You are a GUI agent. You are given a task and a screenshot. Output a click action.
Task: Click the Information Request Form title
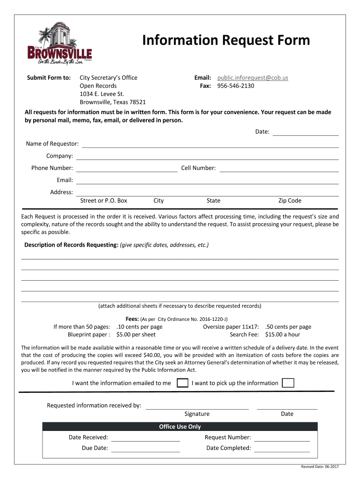226,41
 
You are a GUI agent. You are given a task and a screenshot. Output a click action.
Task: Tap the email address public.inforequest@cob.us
252,78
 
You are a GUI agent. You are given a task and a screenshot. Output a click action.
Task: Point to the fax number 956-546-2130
236,86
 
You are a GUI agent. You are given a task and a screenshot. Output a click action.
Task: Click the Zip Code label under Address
290,201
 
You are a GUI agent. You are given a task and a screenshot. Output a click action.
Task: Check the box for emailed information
183,383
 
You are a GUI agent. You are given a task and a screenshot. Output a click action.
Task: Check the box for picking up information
288,383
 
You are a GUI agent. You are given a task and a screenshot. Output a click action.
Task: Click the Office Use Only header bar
180,427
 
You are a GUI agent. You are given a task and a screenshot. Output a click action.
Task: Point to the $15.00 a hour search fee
282,334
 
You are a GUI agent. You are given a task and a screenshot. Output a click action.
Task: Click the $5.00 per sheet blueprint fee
136,334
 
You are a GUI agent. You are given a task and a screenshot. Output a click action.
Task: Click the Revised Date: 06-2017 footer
320,468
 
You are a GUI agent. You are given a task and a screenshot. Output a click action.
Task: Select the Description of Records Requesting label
71,245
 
